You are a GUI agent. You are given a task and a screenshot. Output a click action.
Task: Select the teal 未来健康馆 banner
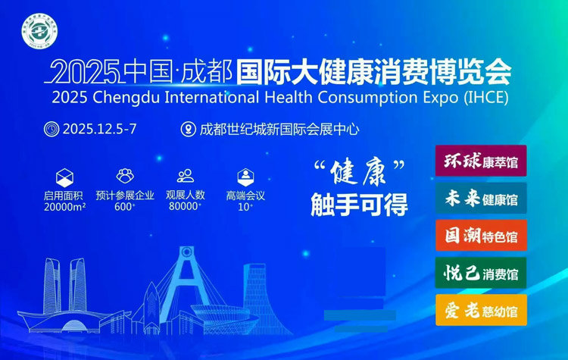(481, 199)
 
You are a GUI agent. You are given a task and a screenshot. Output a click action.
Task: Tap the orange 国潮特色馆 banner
(481, 236)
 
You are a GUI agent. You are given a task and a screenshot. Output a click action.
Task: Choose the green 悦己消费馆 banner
(481, 272)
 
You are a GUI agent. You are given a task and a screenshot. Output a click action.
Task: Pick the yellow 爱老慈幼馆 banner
(481, 309)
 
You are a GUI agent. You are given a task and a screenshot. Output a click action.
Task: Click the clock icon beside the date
(51, 128)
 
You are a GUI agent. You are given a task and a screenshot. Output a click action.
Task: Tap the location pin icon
(188, 129)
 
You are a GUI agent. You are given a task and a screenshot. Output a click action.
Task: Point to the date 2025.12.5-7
(99, 129)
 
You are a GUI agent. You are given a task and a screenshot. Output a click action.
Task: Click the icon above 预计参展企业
(124, 176)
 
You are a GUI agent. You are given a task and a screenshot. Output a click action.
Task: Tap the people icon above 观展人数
(185, 176)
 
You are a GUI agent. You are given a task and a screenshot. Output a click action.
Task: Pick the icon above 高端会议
(245, 176)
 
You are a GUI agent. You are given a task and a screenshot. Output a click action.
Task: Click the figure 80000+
(185, 207)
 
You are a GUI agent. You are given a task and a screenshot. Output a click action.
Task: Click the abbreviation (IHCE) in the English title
(485, 98)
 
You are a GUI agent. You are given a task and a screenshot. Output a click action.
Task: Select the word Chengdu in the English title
(123, 98)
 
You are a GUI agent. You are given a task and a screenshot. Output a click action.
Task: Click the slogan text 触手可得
(359, 205)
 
